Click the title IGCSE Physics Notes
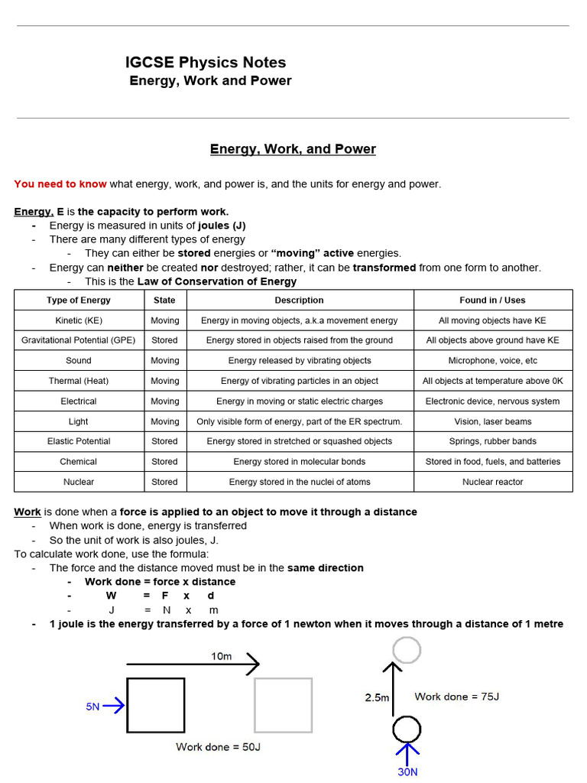click(206, 63)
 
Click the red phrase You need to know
click(60, 184)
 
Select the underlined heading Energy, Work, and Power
click(293, 149)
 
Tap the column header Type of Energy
click(79, 301)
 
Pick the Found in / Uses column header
click(492, 301)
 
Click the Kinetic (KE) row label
click(79, 320)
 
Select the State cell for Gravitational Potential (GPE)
click(164, 340)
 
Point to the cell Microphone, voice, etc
click(492, 360)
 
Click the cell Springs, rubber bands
click(492, 441)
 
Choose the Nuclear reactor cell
click(492, 482)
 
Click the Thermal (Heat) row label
click(79, 381)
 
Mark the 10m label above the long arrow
click(222, 656)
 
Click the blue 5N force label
click(92, 707)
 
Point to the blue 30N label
click(407, 772)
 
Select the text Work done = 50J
click(218, 746)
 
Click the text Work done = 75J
click(456, 697)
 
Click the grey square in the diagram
click(283, 705)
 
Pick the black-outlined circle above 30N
click(407, 729)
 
